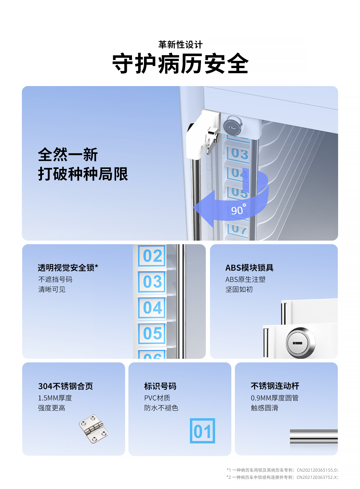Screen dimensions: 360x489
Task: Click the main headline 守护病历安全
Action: pos(180,63)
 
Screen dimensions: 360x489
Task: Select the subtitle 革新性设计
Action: pos(180,45)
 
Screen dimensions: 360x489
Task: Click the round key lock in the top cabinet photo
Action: pos(233,126)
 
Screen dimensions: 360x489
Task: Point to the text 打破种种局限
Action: pos(83,174)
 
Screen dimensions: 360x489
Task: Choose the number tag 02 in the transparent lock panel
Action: pos(152,256)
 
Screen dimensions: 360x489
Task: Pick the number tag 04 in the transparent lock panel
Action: pos(152,307)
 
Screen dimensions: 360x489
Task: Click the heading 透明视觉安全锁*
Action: pos(68,268)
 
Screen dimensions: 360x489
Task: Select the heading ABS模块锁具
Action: pos(249,268)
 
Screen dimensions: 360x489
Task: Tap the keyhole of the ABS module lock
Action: pos(297,343)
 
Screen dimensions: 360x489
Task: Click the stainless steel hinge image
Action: pos(93,429)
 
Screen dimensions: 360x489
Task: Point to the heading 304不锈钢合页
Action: pos(65,386)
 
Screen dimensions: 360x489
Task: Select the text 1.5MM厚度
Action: pos(55,398)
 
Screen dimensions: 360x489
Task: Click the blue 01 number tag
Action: pos(202,431)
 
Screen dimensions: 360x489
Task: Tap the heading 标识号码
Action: pos(160,386)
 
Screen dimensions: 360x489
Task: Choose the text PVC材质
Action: pos(157,398)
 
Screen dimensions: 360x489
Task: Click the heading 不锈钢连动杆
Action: pos(275,386)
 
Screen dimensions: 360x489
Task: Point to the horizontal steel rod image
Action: pos(314,436)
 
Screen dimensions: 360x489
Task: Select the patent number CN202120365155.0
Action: pos(317,470)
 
